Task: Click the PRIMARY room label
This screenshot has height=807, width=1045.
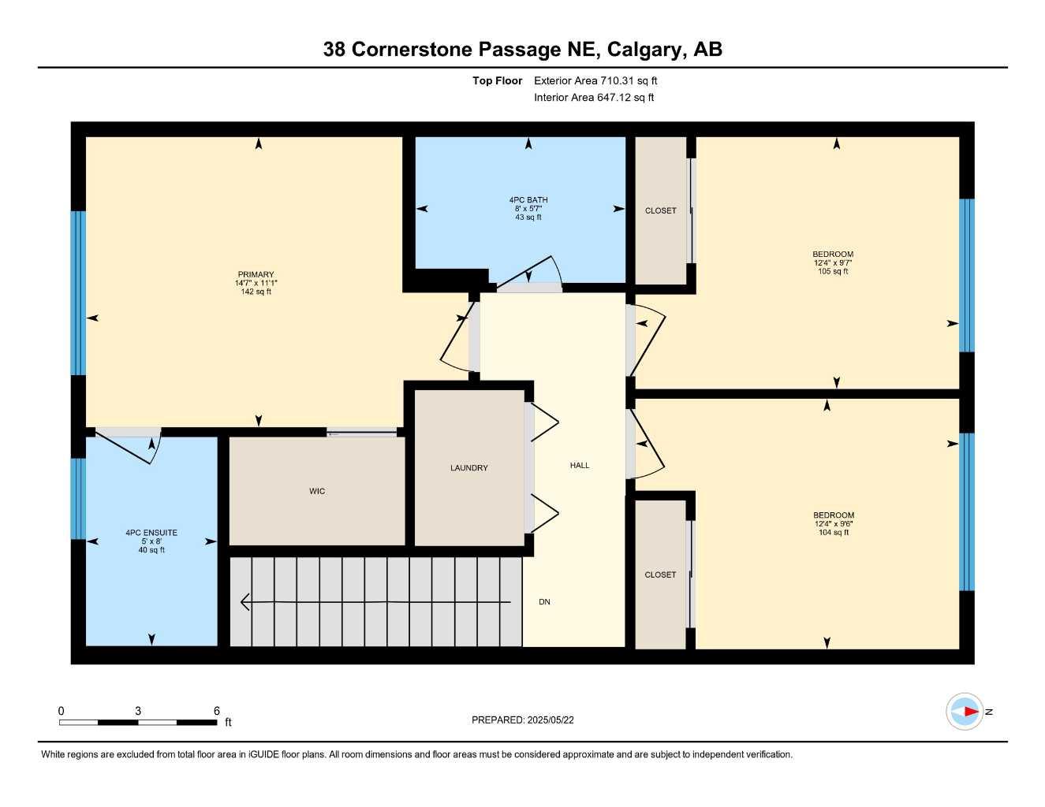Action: coord(256,274)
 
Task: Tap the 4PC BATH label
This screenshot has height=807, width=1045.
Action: coord(528,200)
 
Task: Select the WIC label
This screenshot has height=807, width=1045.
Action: coord(317,491)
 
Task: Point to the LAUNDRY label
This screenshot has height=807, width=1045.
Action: coord(469,468)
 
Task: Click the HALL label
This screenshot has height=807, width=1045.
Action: coord(580,465)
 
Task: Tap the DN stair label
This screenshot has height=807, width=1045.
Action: coord(544,601)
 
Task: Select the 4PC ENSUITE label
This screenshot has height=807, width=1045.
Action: coord(151,532)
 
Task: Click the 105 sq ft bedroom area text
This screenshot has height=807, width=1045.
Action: coord(833,271)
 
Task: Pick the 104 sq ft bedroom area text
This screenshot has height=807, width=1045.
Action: coord(834,532)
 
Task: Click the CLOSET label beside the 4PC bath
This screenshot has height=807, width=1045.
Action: coord(661,210)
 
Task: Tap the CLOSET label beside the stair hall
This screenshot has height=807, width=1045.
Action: coord(660,575)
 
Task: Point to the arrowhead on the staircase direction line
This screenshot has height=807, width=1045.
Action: coord(245,601)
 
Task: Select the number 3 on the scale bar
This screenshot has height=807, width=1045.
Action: coord(138,711)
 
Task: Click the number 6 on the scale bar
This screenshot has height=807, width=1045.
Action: coord(216,711)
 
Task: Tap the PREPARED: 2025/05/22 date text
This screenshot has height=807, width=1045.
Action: coord(523,720)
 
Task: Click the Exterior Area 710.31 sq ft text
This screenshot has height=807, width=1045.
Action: coord(595,80)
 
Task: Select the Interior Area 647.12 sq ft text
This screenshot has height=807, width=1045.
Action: coord(594,98)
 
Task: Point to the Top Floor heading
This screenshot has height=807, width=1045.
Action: coord(497,80)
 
